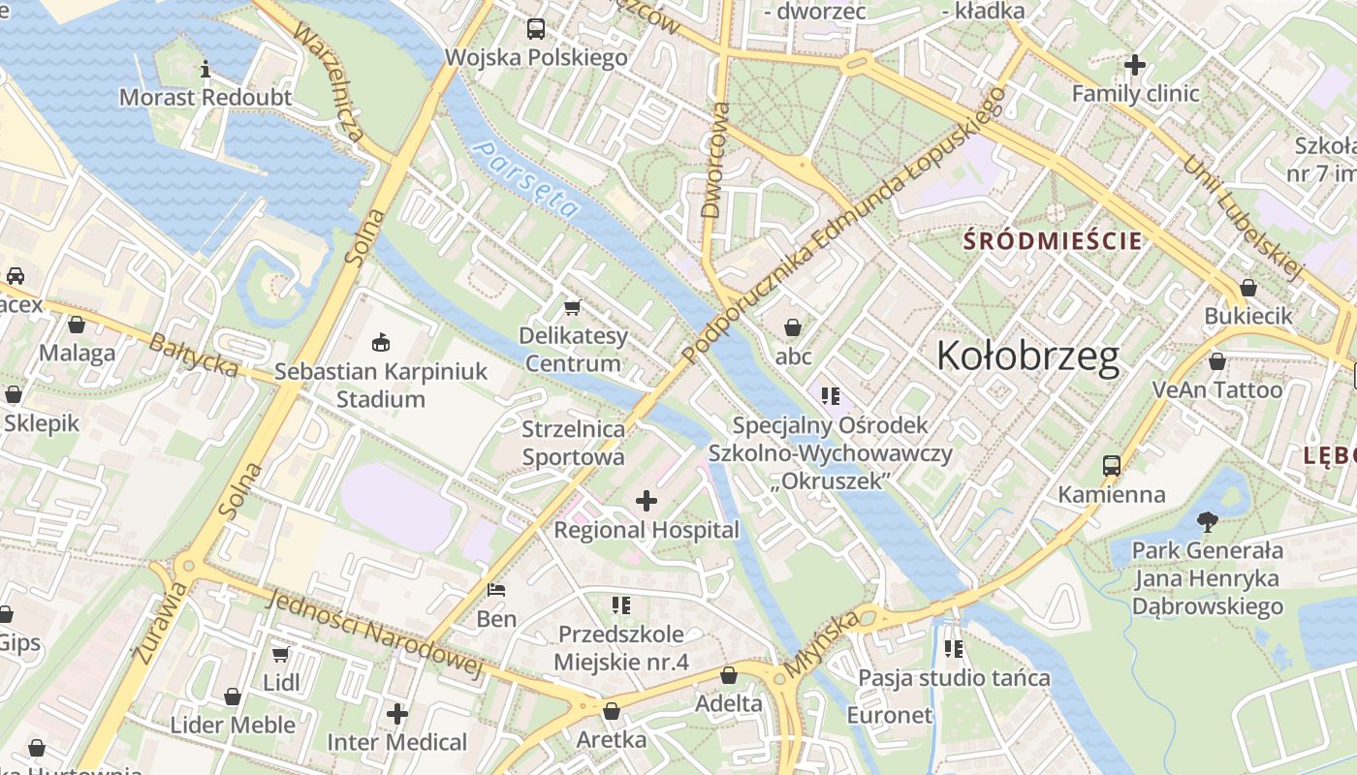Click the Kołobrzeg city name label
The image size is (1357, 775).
[x=1027, y=357]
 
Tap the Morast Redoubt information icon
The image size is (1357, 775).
[x=205, y=70]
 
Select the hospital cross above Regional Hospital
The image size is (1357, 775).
[x=646, y=501]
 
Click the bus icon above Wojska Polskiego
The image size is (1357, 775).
[x=536, y=29]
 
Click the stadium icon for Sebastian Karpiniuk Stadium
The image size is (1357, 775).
[x=381, y=343]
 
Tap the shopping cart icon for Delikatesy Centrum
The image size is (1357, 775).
[x=572, y=308]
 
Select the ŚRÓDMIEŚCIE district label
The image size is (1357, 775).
[x=1052, y=241]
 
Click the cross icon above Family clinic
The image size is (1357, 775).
[x=1135, y=66]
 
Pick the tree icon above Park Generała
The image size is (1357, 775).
[x=1207, y=522]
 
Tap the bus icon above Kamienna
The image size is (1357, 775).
[x=1111, y=466]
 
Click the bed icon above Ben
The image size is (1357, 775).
[x=496, y=590]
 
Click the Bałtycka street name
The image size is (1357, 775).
[x=194, y=355]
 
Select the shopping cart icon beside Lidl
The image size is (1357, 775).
[x=281, y=655]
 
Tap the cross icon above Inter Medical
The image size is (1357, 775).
[x=396, y=714]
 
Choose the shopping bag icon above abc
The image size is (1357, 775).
[x=792, y=327]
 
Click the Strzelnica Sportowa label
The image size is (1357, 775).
[x=573, y=442]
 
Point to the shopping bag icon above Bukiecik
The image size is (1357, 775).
[x=1248, y=288]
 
